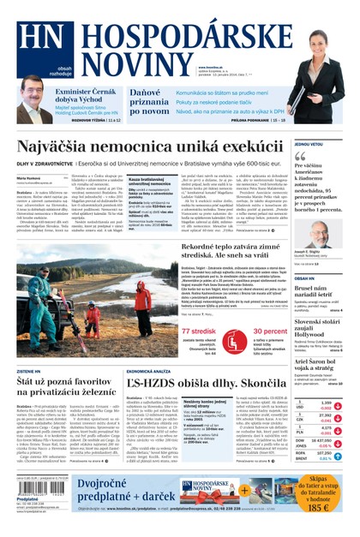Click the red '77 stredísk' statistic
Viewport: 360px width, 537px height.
(x=198, y=331)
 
